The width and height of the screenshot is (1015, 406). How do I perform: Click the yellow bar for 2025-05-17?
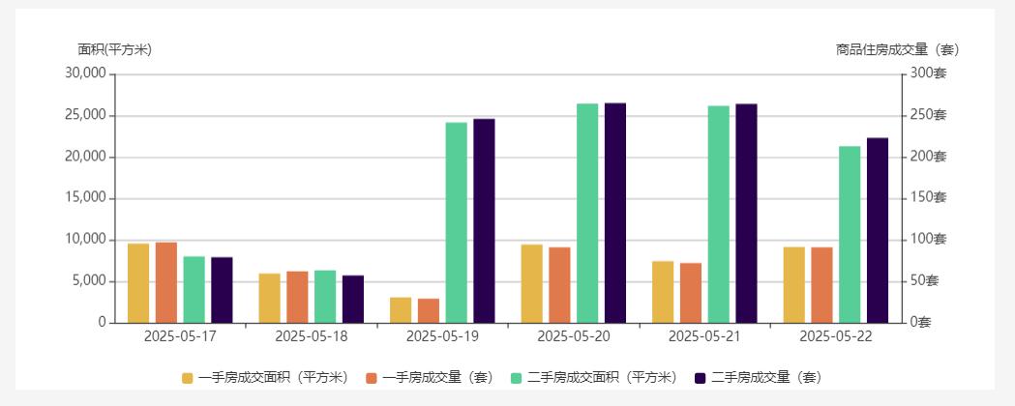pos(138,283)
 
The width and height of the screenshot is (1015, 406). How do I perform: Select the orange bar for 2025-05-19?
pos(429,311)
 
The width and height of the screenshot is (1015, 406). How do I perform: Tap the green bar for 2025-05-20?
pos(587,213)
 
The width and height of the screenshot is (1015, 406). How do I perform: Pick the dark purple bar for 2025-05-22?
pos(878,230)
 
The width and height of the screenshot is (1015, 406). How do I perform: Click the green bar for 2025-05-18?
pos(325,297)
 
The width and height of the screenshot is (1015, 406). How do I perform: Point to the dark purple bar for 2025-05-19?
pos(484,220)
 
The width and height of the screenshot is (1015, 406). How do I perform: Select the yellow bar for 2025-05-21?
pos(663,292)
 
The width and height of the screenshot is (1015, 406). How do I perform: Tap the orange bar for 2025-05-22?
pos(822,285)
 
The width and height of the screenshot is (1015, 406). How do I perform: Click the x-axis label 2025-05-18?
pos(311,336)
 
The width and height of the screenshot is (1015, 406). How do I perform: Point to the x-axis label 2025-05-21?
pos(704,336)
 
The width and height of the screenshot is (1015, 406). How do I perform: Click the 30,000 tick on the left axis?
pos(85,73)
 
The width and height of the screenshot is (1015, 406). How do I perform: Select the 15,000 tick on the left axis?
pos(85,198)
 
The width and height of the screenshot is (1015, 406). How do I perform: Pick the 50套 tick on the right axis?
pos(926,281)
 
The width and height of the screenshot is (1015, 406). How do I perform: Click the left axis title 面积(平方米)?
pos(114,49)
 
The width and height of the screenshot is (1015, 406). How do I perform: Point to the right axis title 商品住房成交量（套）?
pos(897,49)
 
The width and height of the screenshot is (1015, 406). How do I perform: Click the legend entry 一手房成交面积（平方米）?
pos(264,378)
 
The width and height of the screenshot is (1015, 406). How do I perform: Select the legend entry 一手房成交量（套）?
pos(430,378)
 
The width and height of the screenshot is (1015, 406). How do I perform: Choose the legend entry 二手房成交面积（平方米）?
pos(593,378)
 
